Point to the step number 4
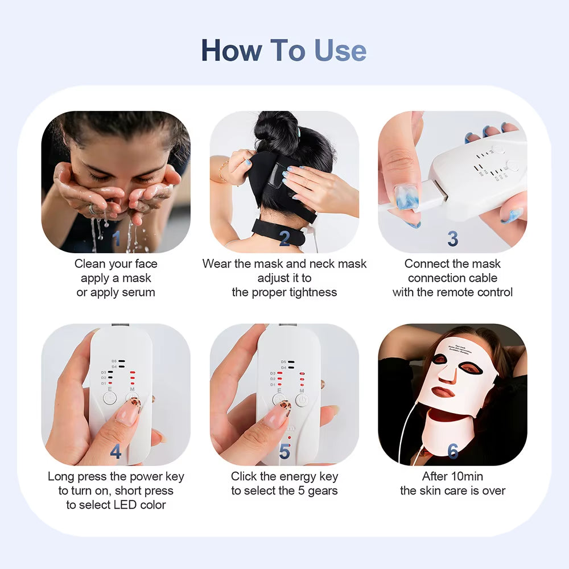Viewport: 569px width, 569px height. [116, 452]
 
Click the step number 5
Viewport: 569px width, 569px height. [284, 452]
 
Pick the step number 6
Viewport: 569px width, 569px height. [452, 452]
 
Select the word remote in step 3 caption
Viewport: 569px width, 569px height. [456, 292]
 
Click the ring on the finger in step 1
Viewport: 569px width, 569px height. [91, 209]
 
